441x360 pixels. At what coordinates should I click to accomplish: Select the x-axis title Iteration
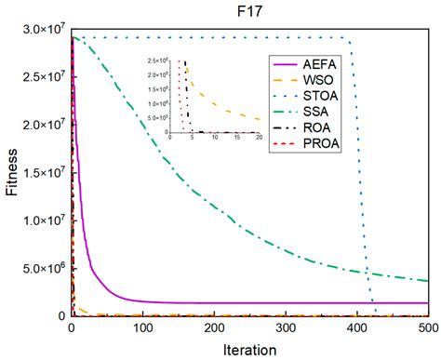[249, 349]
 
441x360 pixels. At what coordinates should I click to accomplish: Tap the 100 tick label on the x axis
[142, 327]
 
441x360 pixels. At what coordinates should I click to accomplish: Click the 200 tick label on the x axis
[214, 327]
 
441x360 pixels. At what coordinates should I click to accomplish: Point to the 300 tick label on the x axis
[286, 327]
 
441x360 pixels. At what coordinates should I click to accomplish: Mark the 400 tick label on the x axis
[357, 327]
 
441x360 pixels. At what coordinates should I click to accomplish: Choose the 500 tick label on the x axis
[427, 327]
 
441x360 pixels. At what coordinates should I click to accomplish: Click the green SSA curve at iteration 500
[428, 280]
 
